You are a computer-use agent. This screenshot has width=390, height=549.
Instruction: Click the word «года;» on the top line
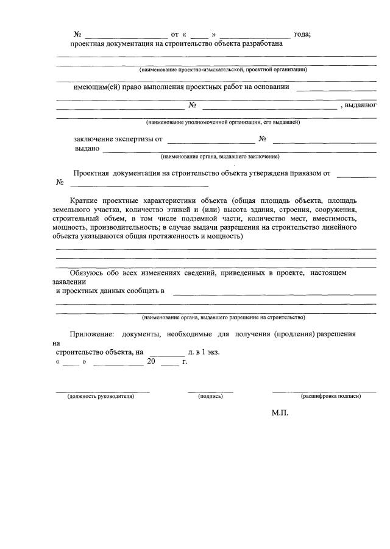[x=302, y=34]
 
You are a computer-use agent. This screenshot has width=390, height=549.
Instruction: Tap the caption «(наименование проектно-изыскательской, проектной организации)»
[x=222, y=70]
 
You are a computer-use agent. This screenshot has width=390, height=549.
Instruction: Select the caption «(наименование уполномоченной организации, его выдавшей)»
[x=222, y=122]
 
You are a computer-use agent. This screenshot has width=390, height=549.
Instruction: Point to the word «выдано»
[x=88, y=148]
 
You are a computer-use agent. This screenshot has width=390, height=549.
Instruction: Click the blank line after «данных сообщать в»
[x=274, y=291]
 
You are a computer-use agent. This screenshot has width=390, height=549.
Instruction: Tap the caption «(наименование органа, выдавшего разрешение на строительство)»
[x=224, y=317]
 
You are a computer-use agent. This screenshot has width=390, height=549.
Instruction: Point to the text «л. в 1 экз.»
[x=204, y=352]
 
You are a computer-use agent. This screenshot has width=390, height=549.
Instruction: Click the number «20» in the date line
[x=151, y=361]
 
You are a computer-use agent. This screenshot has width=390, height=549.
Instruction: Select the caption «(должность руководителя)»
[x=101, y=396]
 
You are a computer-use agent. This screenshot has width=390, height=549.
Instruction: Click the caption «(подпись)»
[x=210, y=396]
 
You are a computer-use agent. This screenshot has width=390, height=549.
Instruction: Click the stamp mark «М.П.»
[x=279, y=413]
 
